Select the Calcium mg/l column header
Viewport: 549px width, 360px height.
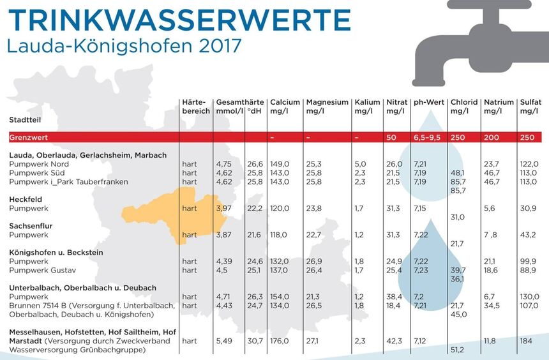[x=285, y=107]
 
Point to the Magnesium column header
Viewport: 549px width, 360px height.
[x=327, y=107]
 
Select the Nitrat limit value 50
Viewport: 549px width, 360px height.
[x=391, y=137]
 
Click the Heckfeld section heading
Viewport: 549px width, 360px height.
[x=26, y=199]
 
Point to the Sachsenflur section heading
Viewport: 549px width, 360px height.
[x=31, y=226]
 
